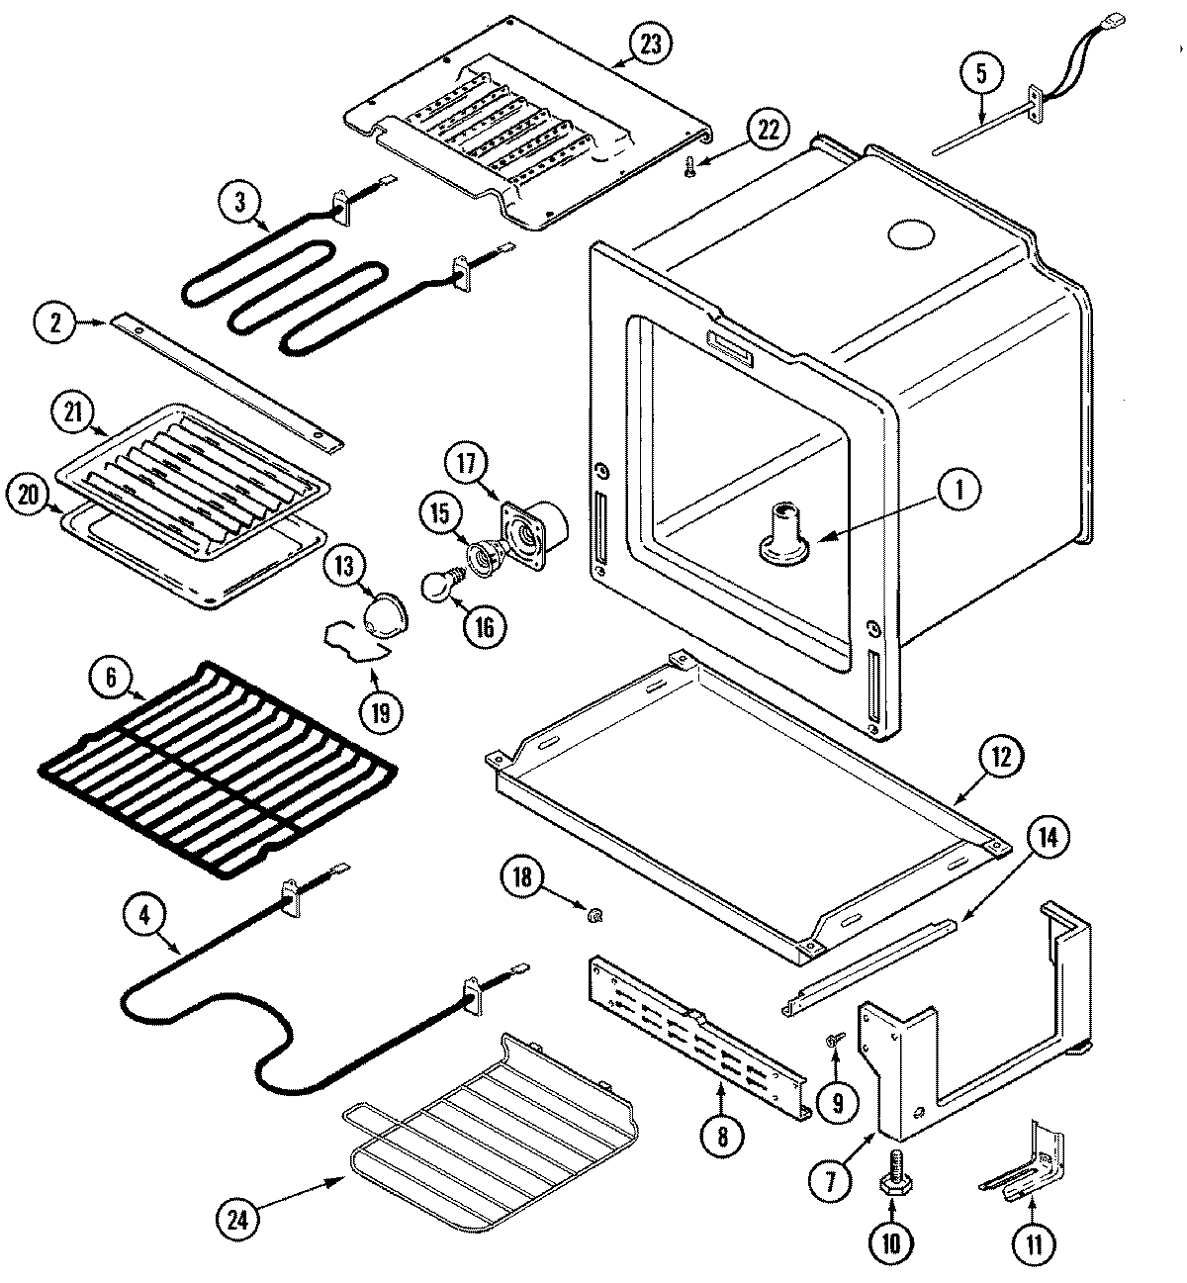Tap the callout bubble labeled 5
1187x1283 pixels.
click(x=980, y=73)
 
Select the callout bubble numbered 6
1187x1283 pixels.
click(x=111, y=678)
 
